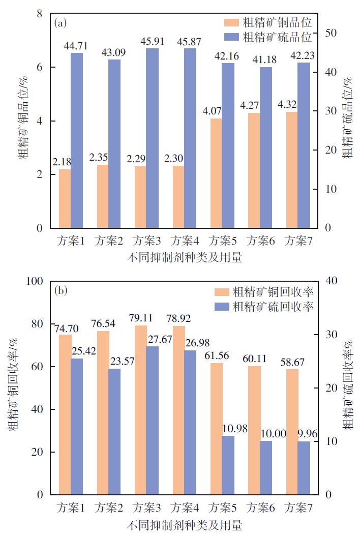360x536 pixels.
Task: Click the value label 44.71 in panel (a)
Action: click(76, 46)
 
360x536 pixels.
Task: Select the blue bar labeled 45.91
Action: click(152, 138)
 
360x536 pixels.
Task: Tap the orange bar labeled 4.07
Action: click(216, 173)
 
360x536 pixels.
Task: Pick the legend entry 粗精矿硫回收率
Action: click(273, 306)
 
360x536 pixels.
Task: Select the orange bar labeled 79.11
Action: click(141, 410)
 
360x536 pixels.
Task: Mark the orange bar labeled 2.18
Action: click(65, 198)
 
